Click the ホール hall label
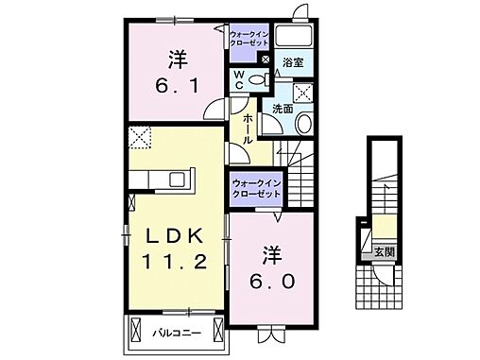pos(247,128)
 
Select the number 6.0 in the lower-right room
pos(271,280)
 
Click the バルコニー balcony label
pos(177,332)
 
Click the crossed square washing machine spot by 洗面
pos(303,93)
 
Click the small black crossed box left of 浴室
pos(265,61)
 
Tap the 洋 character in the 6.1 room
pos(176,59)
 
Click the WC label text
pos(239,78)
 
